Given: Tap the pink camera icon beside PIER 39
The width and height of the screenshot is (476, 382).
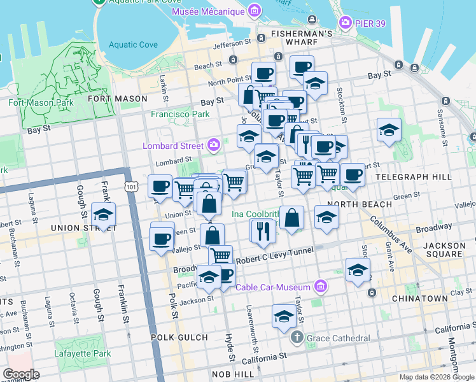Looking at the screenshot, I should [x=346, y=23].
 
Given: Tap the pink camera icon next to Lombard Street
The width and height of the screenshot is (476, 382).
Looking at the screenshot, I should [x=213, y=146].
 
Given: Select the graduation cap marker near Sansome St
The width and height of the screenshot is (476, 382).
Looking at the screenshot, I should [x=389, y=131].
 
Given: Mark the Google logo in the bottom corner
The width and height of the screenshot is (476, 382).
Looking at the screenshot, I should [x=21, y=374].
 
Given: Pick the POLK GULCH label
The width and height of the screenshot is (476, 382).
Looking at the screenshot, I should [x=179, y=337].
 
